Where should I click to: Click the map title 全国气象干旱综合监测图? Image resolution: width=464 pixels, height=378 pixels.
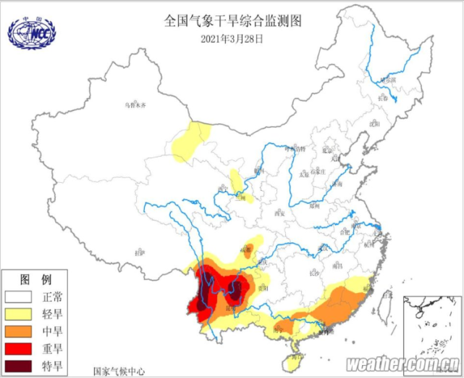232,20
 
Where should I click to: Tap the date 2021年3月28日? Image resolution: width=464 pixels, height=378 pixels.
232,38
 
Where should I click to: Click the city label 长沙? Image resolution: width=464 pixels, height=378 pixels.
314,273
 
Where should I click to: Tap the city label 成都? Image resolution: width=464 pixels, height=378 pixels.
248,249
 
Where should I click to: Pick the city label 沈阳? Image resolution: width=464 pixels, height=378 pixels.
374,124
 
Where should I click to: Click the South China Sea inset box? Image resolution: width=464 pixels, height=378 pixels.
430,324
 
